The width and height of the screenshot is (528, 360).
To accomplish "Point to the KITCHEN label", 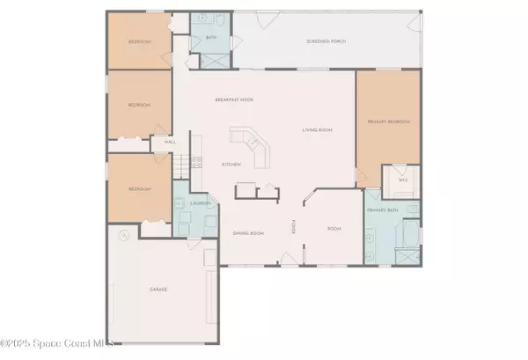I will tap(231, 165).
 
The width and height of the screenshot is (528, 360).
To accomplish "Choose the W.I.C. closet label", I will tap(404, 179).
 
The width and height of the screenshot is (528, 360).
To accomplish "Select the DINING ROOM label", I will tap(248, 233).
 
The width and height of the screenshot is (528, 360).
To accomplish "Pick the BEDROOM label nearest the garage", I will tap(139, 188).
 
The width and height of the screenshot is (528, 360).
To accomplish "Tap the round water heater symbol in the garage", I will tap(124, 235).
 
